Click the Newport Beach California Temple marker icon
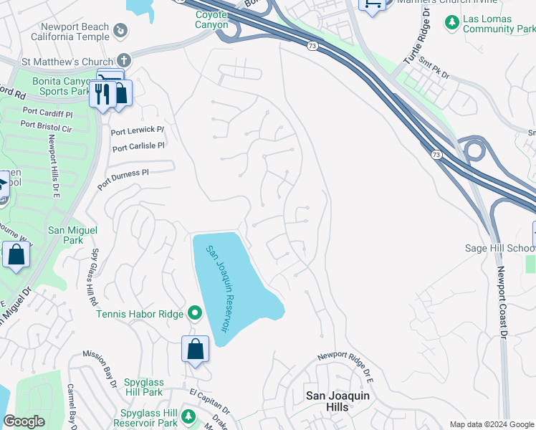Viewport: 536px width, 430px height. tap(121, 31)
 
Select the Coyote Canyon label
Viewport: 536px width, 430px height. tap(211, 19)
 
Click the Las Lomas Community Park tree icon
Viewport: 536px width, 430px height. tap(451, 23)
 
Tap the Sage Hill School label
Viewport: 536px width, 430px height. tap(499, 249)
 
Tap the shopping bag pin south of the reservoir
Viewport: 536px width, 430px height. tap(195, 350)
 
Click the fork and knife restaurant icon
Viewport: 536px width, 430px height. tap(102, 94)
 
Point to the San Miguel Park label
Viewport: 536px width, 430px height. tap(72, 236)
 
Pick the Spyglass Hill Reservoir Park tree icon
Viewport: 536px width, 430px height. tap(188, 416)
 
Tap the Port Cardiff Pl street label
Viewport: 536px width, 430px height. tap(47, 112)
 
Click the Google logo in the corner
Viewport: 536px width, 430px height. tap(24, 421)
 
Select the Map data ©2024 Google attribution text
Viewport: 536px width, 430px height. tap(491, 424)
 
